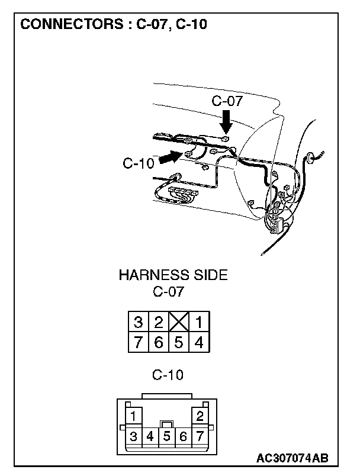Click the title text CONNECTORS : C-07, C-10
click(x=114, y=25)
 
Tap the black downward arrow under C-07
click(x=225, y=123)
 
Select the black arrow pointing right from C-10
click(x=171, y=157)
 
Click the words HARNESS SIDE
click(x=173, y=275)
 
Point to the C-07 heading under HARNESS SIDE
click(x=168, y=292)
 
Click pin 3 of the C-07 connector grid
click(x=139, y=323)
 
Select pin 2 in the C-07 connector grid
click(x=159, y=323)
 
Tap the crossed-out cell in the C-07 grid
click(x=178, y=323)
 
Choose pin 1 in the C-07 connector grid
click(x=199, y=323)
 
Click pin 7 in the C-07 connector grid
click(x=139, y=342)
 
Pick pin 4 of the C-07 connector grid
click(x=199, y=342)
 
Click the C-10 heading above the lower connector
click(x=168, y=375)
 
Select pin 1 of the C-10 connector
click(x=134, y=415)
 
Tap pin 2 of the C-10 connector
click(x=200, y=415)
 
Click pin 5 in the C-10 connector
click(x=167, y=438)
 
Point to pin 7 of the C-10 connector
click(x=200, y=438)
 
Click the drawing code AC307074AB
click(x=292, y=459)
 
